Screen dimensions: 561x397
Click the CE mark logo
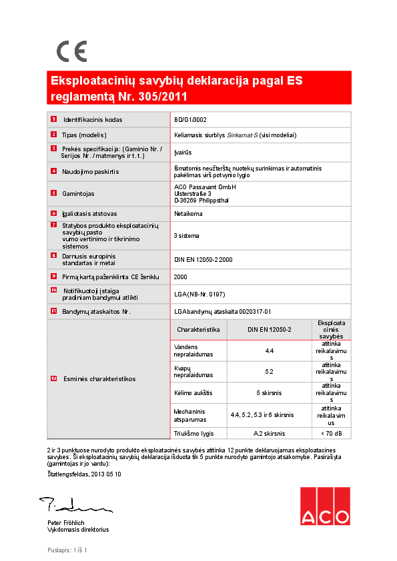point(71,51)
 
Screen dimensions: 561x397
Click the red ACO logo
point(324,507)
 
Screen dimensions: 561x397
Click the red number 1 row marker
point(53,120)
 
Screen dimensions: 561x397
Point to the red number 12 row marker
point(53,379)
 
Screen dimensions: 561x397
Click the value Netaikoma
point(187,214)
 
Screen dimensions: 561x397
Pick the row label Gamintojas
point(78,194)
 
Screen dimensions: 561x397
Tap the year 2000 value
point(180,277)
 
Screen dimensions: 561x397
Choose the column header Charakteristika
point(198,330)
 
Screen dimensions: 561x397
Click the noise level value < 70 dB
point(332,434)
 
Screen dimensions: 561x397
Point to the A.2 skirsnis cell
point(269,434)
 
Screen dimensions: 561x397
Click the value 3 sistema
point(186,236)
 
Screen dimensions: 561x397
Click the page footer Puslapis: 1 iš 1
point(67,550)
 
